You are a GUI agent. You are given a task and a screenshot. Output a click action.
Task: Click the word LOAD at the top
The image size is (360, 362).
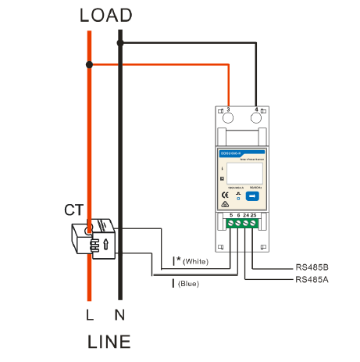(106, 16)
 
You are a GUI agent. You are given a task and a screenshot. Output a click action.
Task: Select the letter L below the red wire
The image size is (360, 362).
(90, 316)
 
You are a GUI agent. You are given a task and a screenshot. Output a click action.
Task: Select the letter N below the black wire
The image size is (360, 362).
(119, 316)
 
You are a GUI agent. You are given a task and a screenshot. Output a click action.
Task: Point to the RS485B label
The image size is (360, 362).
(312, 266)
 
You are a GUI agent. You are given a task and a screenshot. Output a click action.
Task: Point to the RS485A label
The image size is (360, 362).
(312, 278)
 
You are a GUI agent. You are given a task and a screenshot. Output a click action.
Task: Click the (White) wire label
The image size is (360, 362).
(195, 260)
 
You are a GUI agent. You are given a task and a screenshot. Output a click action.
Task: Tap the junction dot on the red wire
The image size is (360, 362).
(90, 64)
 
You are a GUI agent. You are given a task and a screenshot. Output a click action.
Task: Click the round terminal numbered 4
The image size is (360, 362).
(256, 118)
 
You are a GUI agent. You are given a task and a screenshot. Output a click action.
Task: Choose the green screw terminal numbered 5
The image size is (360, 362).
(231, 223)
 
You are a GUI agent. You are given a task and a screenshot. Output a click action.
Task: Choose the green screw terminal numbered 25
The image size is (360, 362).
(255, 223)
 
